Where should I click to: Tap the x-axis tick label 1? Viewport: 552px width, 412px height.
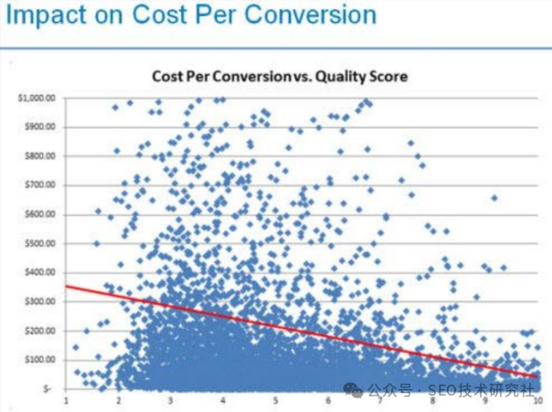66,399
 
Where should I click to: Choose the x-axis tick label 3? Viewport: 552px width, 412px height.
171,399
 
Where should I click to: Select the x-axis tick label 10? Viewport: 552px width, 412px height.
539,399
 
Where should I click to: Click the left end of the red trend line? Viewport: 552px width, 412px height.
66,287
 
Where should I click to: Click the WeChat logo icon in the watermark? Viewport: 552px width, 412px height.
355,389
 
